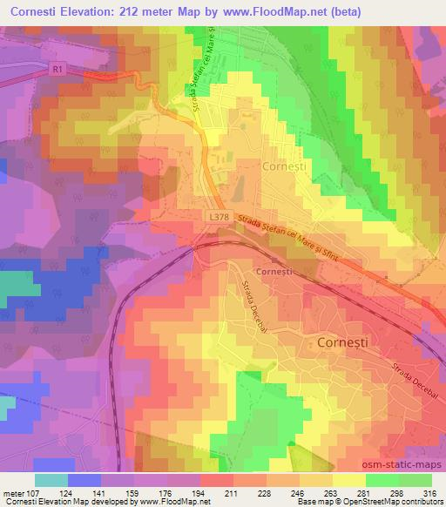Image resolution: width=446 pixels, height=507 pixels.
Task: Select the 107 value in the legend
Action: (36, 494)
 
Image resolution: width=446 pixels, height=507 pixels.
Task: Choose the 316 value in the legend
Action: (431, 494)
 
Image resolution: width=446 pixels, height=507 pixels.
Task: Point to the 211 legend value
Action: (235, 494)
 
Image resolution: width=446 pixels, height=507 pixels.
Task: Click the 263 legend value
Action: (334, 494)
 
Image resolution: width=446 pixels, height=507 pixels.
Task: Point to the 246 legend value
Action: (301, 494)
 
